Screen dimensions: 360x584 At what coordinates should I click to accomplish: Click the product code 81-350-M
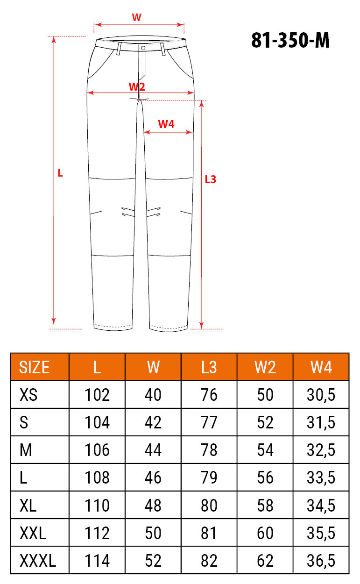click(290, 40)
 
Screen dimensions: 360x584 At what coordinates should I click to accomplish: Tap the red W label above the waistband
click(136, 17)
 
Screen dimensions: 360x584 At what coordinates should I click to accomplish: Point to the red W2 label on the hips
click(137, 86)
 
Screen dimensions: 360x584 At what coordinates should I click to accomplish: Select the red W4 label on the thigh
click(166, 124)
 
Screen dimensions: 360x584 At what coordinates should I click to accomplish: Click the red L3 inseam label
click(211, 179)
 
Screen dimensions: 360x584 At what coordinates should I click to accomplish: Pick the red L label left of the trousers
click(60, 173)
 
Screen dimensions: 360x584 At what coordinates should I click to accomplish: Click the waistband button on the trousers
click(143, 48)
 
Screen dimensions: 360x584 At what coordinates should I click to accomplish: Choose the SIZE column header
click(34, 367)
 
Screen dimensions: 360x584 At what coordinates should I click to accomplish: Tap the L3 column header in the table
click(209, 367)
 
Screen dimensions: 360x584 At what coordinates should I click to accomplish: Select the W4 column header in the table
click(321, 367)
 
